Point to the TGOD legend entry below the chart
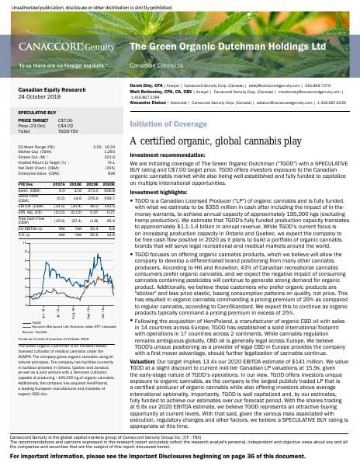36,322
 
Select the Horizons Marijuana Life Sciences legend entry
66,325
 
